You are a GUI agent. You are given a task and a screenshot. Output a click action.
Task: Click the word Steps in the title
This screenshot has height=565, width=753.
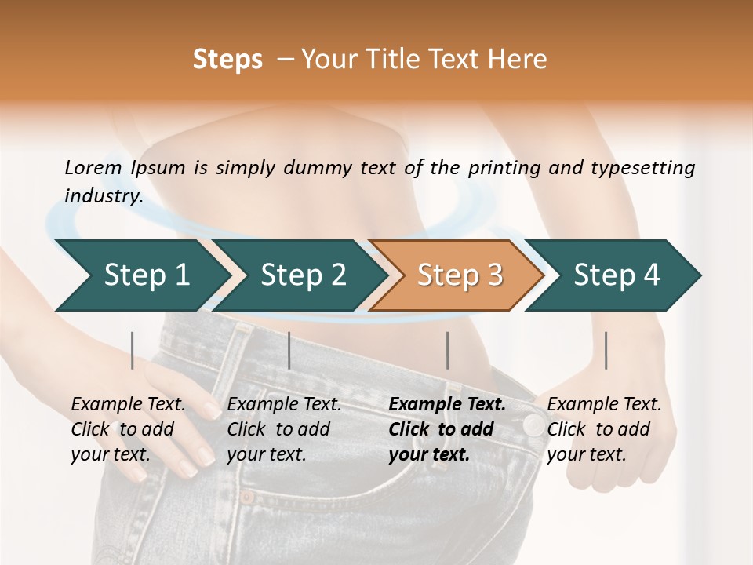pos(227,60)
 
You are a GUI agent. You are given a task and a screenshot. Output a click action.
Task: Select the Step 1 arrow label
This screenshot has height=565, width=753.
pos(147,275)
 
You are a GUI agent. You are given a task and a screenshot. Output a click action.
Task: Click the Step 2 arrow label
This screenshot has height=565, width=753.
pos(304,275)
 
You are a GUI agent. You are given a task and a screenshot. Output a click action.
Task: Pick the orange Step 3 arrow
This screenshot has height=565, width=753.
pos(460,275)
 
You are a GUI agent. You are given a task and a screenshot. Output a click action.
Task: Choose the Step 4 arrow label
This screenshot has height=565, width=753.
pos(617,275)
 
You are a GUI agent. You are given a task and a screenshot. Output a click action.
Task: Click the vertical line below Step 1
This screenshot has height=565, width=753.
pos(133,350)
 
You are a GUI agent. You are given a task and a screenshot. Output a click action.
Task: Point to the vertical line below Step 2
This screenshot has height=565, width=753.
pos(289,350)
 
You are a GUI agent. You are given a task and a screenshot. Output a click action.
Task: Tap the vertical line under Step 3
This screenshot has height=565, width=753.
pos(448,350)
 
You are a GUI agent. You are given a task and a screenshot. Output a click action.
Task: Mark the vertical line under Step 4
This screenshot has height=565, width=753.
pos(606,350)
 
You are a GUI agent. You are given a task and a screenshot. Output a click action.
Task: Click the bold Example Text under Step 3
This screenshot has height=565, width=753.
pos(447,404)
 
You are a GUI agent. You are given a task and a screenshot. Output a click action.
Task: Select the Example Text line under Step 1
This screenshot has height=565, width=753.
pos(128,404)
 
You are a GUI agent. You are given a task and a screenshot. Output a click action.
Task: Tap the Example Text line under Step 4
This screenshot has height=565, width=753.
pos(604,404)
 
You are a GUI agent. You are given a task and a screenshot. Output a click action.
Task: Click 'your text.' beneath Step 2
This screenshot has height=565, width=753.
pos(266,454)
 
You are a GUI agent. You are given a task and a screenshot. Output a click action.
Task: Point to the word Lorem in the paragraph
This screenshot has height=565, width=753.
pos(93,168)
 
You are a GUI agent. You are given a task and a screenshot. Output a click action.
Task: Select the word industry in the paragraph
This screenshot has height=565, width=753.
pos(104,196)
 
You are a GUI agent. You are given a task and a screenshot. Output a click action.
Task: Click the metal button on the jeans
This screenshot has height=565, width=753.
pos(533,426)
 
